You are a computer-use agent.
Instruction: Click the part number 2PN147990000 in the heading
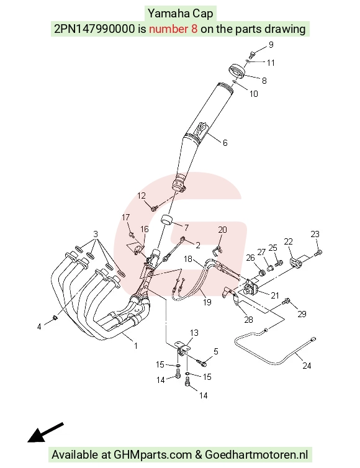94,29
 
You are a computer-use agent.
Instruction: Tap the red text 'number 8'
173,29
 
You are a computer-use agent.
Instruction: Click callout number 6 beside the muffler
225,143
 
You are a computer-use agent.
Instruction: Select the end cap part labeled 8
236,71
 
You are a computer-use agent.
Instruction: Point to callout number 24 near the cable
307,366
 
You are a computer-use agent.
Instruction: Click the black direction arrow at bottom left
45,433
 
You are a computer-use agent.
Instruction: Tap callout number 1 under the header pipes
136,346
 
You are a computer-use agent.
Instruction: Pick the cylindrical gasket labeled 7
167,219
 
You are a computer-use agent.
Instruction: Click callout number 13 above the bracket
194,333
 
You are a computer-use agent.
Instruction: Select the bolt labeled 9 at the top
252,55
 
